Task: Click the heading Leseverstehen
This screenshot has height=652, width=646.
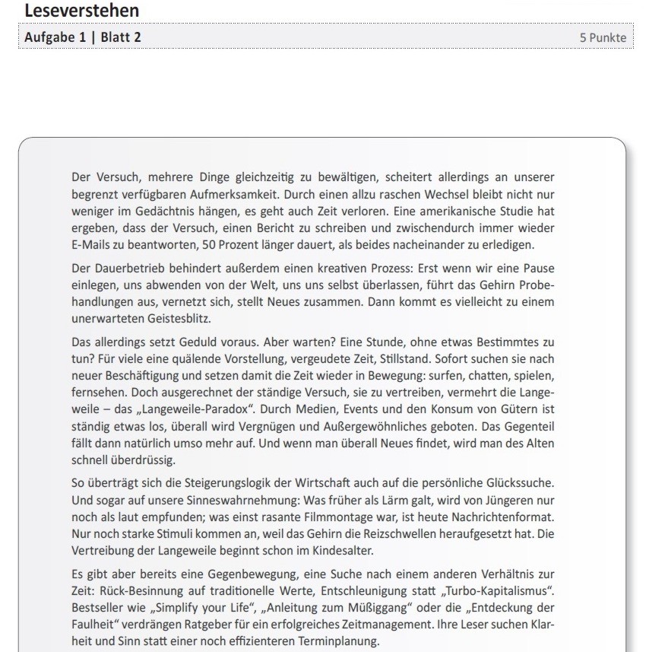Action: coord(82,11)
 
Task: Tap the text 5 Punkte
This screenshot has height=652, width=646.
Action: coord(603,38)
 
